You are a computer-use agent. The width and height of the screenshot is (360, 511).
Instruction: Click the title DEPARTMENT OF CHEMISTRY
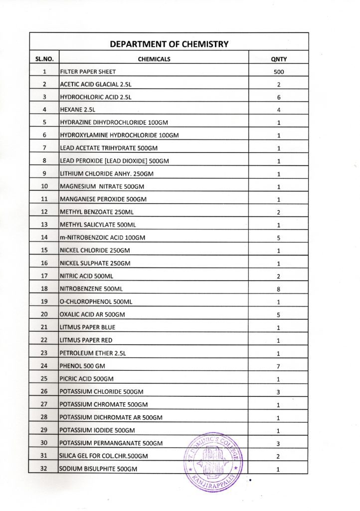(x=169, y=44)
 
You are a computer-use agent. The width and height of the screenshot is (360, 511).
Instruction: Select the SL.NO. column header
(x=44, y=59)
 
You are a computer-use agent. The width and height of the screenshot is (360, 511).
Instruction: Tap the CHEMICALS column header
(x=154, y=59)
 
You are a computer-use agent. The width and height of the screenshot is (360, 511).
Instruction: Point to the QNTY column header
(x=279, y=59)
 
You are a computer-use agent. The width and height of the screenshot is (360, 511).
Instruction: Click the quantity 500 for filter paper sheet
(x=279, y=72)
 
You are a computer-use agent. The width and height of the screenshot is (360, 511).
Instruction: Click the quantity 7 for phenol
(x=279, y=366)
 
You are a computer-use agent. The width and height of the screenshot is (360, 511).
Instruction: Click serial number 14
(x=44, y=238)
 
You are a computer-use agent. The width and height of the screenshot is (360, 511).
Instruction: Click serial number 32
(x=44, y=469)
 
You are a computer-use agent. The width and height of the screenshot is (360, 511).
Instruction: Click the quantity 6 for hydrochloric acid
(x=279, y=97)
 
